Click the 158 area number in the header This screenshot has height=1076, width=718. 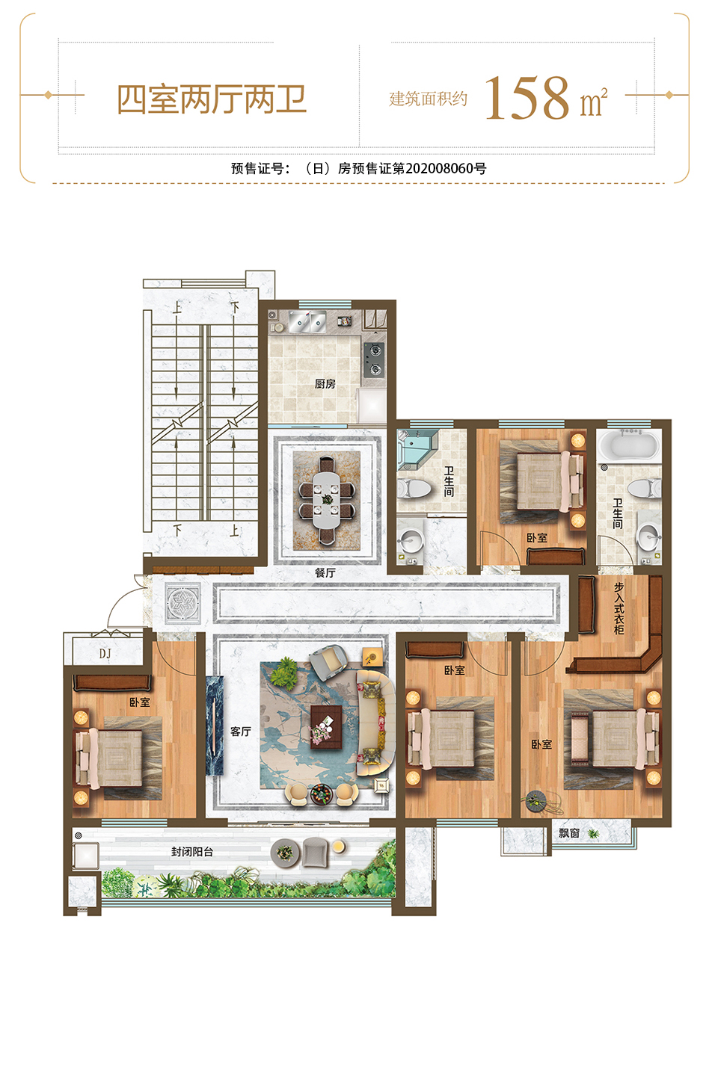click(x=527, y=99)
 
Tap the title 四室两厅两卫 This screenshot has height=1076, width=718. click(x=212, y=100)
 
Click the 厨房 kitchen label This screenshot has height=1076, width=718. click(x=325, y=384)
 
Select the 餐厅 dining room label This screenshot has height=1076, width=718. click(x=325, y=572)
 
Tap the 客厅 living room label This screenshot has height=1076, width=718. click(x=241, y=732)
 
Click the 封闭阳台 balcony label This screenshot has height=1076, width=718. click(x=192, y=852)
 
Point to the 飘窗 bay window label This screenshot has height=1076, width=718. click(x=569, y=833)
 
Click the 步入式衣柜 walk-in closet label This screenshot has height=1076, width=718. click(x=619, y=608)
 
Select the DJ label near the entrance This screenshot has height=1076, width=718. click(x=105, y=653)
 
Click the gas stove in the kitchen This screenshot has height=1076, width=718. click(x=374, y=359)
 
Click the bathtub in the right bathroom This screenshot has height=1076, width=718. click(x=629, y=445)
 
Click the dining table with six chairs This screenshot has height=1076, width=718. click(x=327, y=500)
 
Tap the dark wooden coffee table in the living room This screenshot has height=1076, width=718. click(x=326, y=727)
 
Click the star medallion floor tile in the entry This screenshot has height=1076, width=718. click(x=182, y=603)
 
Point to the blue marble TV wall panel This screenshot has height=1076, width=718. click(x=215, y=726)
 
